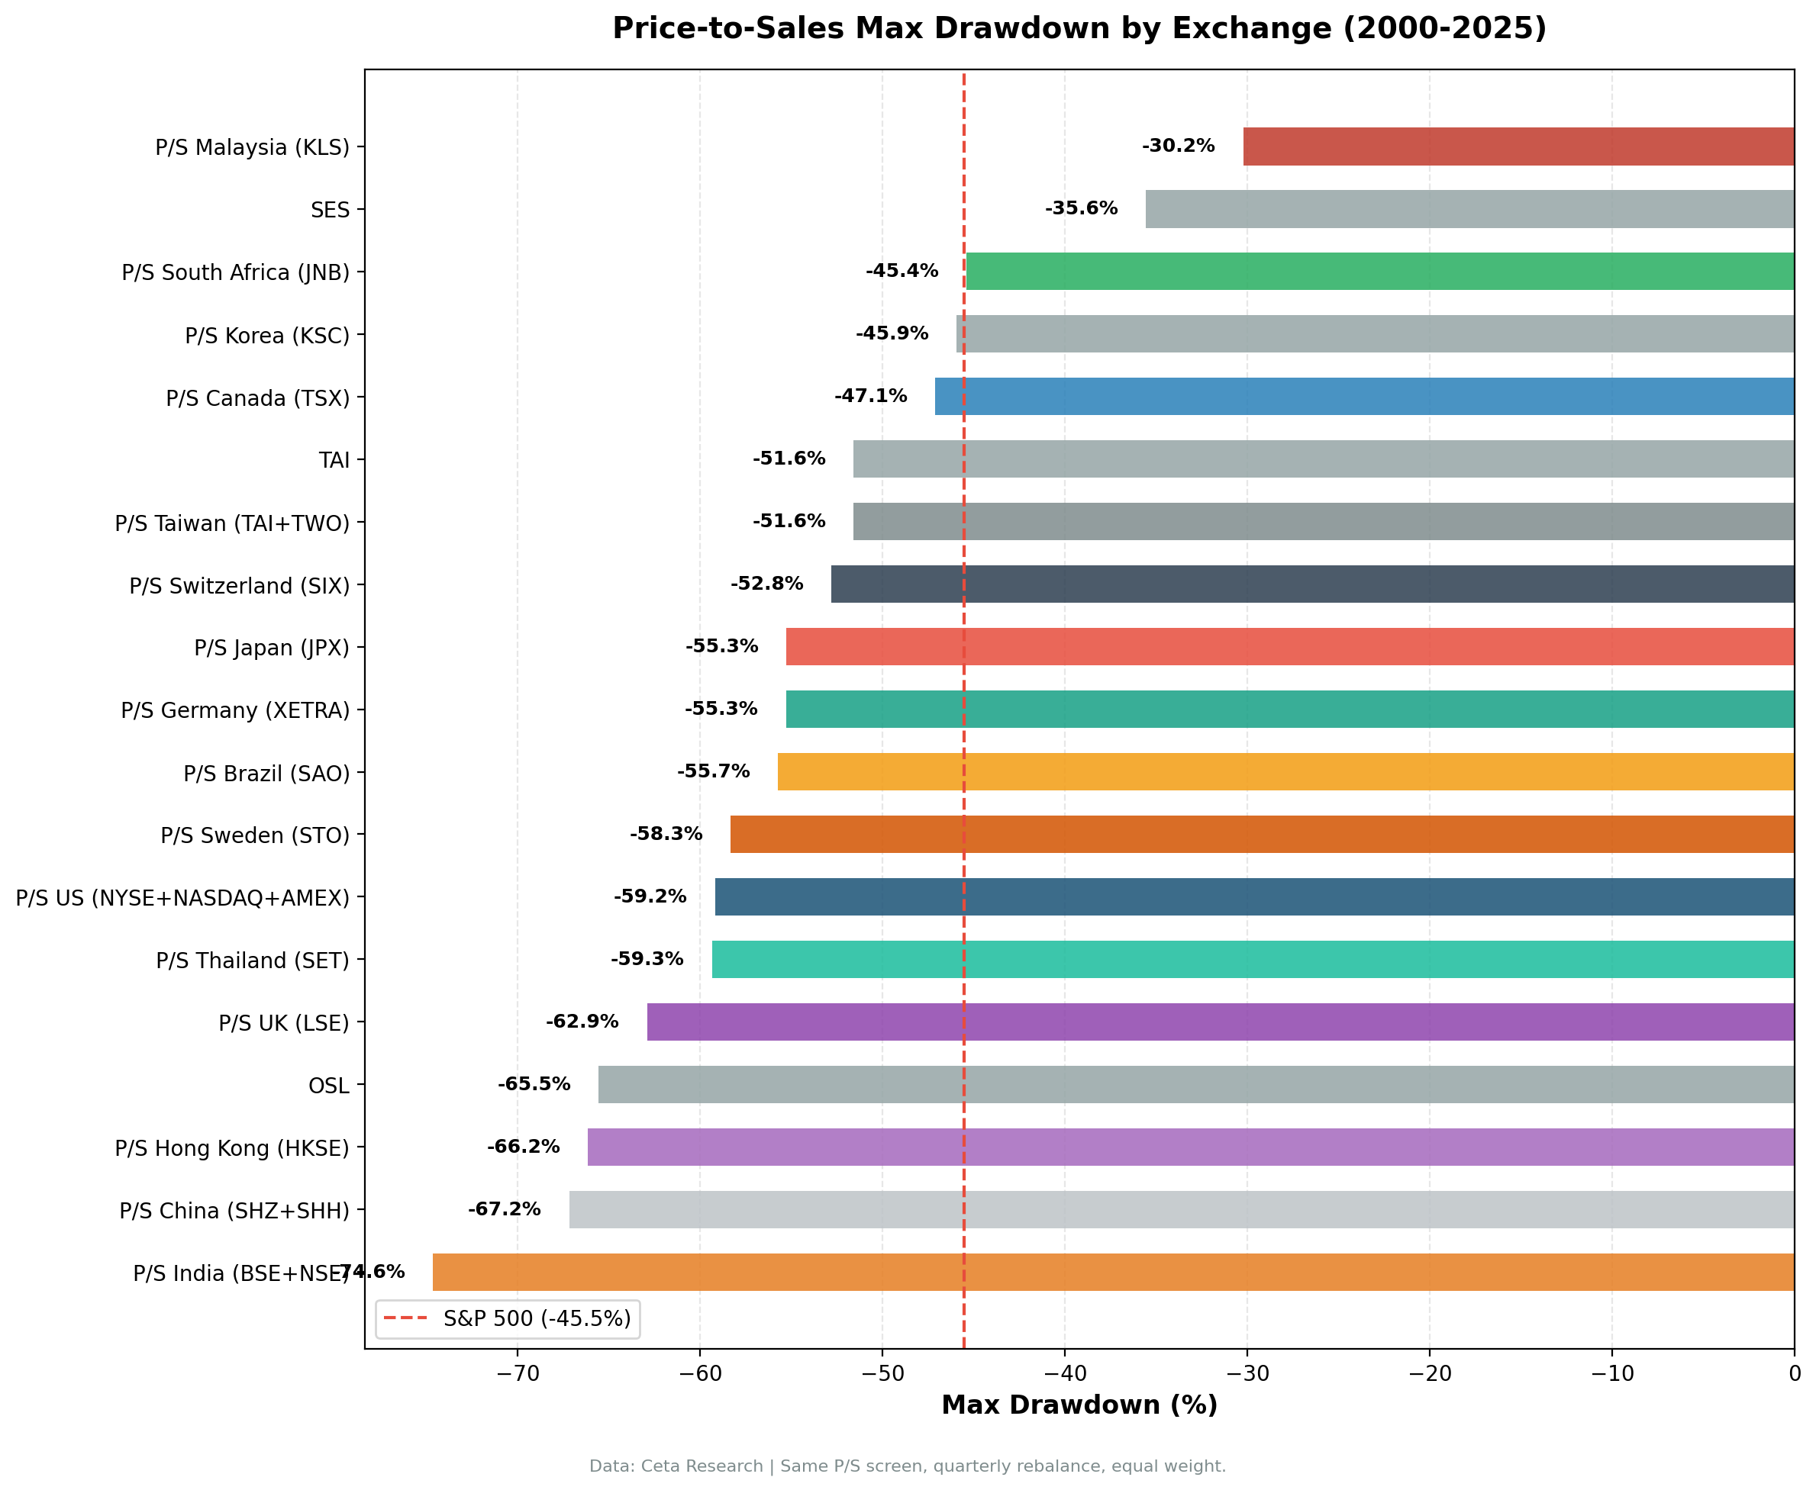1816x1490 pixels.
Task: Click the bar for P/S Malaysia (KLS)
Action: (1518, 146)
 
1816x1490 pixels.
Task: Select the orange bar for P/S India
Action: (1113, 1272)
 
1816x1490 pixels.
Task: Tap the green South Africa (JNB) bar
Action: (1380, 272)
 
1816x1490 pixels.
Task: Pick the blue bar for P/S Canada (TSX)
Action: (1364, 397)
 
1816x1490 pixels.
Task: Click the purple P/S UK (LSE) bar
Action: (1220, 1022)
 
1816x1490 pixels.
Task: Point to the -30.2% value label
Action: (1178, 146)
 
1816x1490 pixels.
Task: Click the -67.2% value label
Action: (504, 1209)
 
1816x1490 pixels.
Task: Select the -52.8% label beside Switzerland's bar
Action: (766, 584)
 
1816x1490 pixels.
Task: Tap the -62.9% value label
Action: (582, 1022)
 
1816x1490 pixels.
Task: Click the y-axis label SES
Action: (330, 211)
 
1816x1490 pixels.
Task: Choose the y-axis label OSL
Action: (329, 1086)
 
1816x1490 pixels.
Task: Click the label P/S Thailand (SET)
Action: (253, 961)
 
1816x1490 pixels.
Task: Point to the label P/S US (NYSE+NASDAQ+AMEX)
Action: (183, 898)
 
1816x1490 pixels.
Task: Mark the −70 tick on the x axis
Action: (517, 1374)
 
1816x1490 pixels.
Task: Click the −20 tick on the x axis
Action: (1430, 1374)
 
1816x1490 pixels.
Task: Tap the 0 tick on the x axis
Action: (1795, 1374)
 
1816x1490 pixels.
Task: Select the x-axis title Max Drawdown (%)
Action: (1079, 1405)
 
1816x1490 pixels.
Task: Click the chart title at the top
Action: (1079, 28)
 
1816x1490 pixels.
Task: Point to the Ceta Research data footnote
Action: (908, 1466)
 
